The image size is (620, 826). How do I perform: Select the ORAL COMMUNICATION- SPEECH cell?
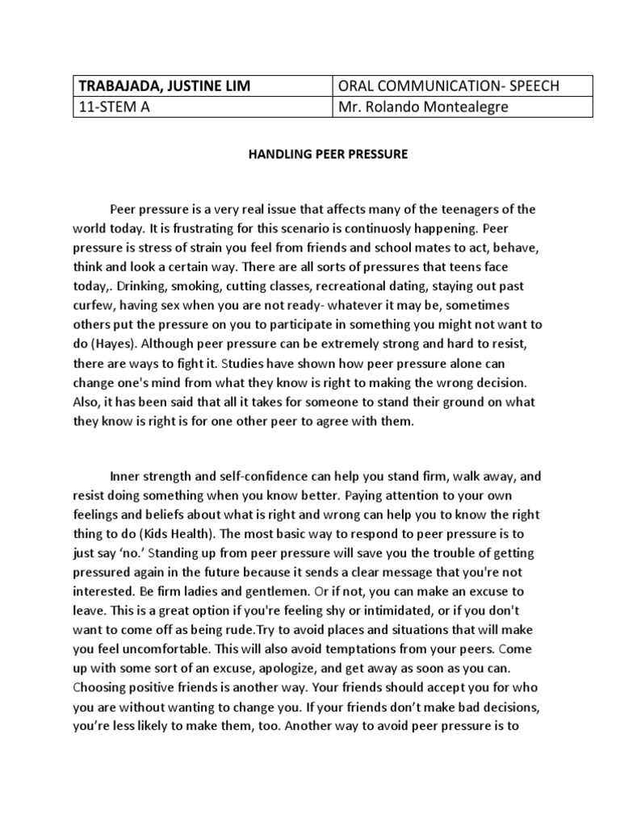pyautogui.click(x=463, y=86)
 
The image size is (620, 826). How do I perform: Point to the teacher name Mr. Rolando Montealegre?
pyautogui.click(x=423, y=106)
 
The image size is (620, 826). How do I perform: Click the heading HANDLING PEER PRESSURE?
pyautogui.click(x=327, y=154)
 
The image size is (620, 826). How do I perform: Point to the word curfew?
pyautogui.click(x=92, y=305)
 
